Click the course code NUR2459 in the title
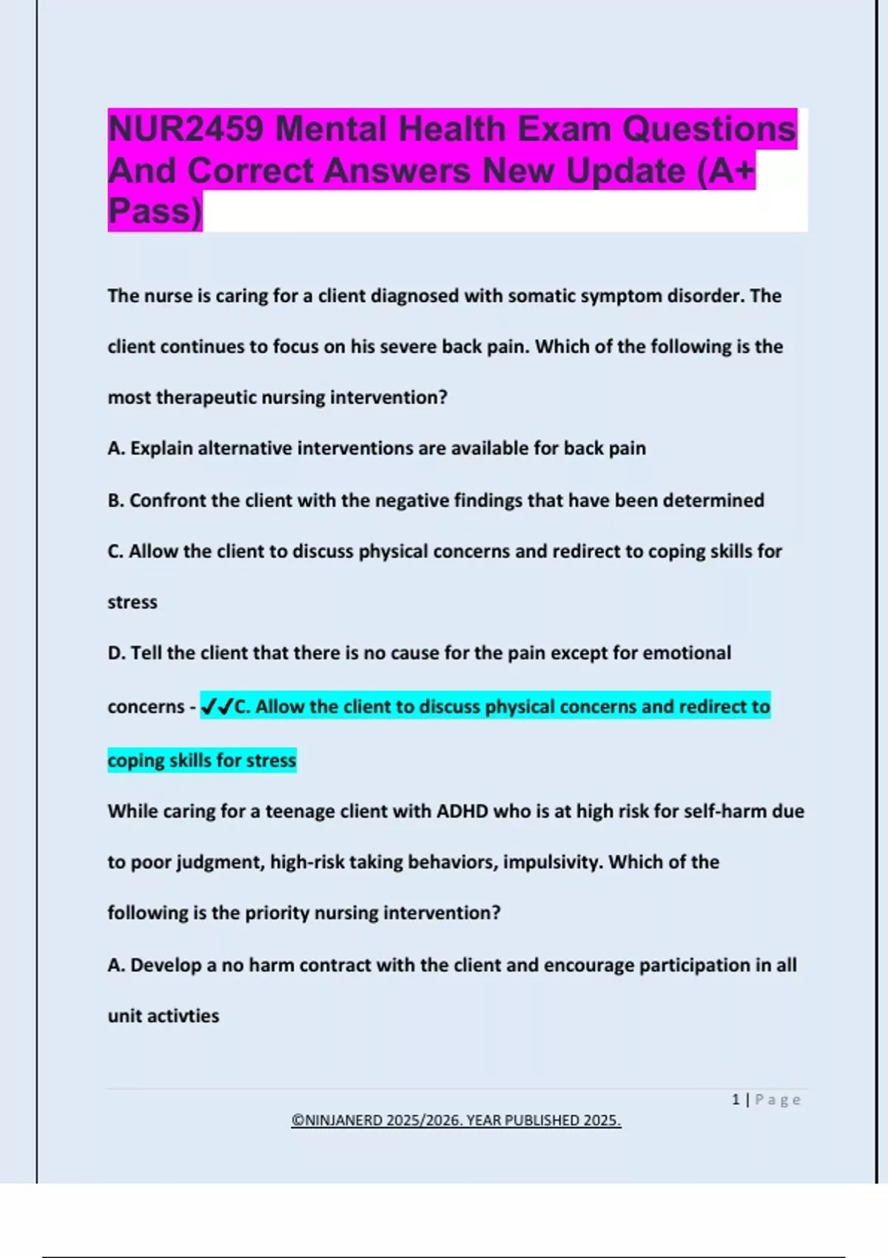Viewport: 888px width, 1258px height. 185,129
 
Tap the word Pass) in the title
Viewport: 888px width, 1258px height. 155,212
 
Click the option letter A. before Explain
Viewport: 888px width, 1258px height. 116,448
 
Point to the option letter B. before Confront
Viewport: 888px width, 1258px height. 115,501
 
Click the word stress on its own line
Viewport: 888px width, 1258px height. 132,602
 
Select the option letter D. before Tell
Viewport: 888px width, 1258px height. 116,653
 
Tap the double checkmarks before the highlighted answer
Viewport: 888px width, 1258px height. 217,707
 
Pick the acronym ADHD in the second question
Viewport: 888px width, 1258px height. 462,812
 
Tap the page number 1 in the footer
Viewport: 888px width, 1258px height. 736,1100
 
